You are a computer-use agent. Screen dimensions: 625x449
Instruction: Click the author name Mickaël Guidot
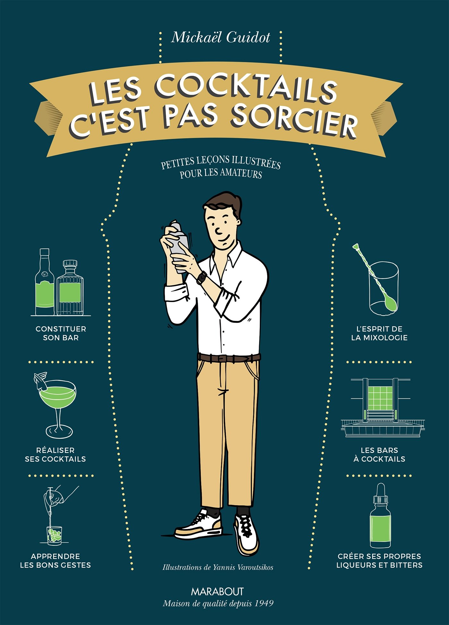coord(221,38)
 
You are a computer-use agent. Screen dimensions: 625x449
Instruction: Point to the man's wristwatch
coord(201,277)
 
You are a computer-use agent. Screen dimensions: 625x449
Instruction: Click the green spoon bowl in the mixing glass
coord(391,304)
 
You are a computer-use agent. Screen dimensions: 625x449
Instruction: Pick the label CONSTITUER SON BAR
coord(61,333)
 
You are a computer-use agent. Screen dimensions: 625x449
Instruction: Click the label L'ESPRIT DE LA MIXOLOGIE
coord(379,333)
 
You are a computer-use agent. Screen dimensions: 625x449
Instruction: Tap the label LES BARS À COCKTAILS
coord(379,455)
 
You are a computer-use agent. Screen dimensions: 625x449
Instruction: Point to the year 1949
coord(264,603)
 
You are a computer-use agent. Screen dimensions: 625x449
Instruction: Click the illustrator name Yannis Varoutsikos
coord(243,568)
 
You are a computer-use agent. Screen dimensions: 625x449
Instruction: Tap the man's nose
coord(218,230)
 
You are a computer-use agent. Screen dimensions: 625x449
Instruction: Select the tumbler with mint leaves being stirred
coord(54,535)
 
